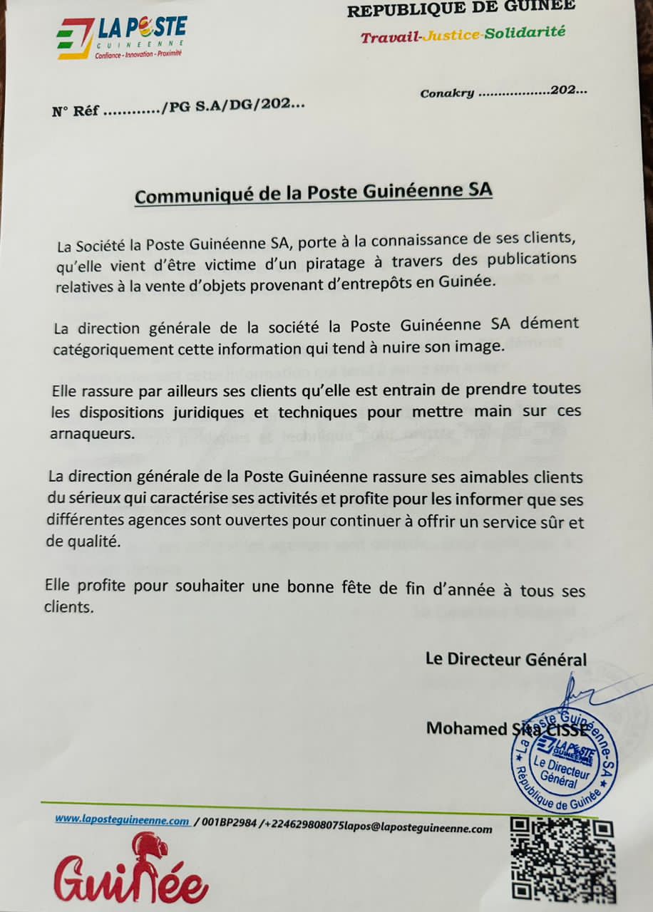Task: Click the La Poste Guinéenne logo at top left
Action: (x=120, y=38)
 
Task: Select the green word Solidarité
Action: (x=525, y=33)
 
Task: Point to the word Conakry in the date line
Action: (x=447, y=93)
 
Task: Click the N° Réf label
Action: (x=75, y=112)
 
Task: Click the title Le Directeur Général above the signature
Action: (x=505, y=659)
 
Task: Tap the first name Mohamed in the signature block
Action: (x=465, y=728)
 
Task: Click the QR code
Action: (x=563, y=859)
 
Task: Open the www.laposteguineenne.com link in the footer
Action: (x=122, y=819)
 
